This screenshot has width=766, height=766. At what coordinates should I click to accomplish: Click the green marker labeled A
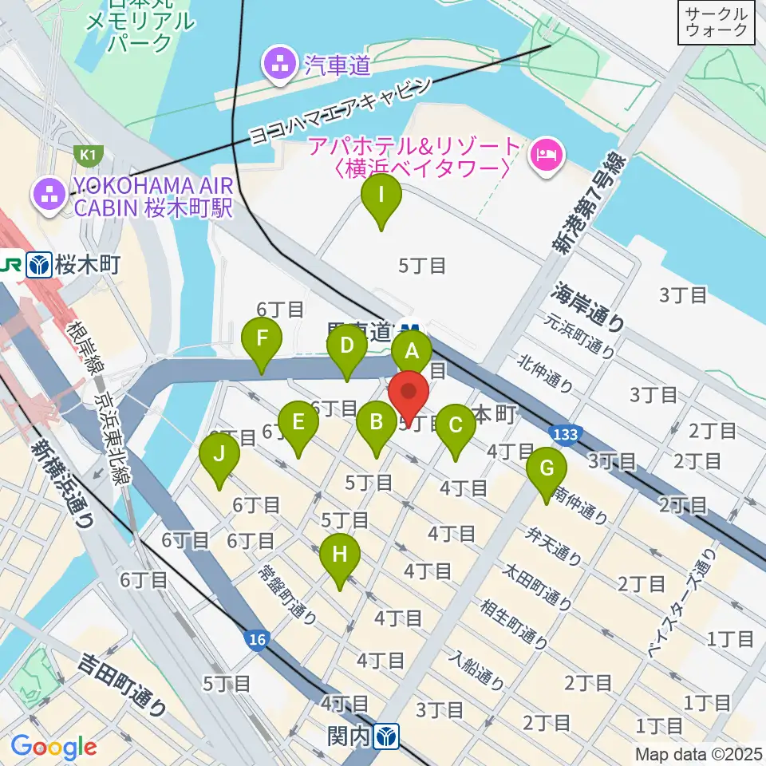click(412, 352)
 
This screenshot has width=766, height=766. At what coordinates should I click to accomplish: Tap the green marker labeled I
click(381, 196)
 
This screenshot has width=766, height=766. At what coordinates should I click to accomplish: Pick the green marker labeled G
click(547, 470)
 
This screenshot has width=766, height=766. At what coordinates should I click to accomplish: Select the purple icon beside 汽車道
click(280, 65)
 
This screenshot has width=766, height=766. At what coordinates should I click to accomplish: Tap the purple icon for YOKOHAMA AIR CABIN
click(48, 192)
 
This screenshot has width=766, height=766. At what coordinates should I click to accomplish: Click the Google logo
click(53, 747)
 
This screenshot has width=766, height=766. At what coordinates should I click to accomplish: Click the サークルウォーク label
click(717, 22)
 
